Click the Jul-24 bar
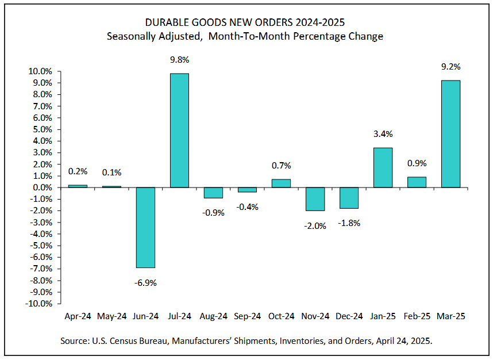coord(179,131)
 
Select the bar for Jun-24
coord(145,227)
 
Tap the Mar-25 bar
coord(450,134)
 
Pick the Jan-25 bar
coord(383,167)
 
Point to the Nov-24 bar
coord(315,199)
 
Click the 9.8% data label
coord(180,59)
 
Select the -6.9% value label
coord(146,282)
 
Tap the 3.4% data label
coord(383,134)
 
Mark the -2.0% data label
coord(315,225)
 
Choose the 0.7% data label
coord(282,166)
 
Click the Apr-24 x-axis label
coord(78,316)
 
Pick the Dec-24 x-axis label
coord(349,316)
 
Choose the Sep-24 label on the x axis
coord(247,316)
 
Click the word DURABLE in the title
coord(166,22)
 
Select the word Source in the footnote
coord(75,340)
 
